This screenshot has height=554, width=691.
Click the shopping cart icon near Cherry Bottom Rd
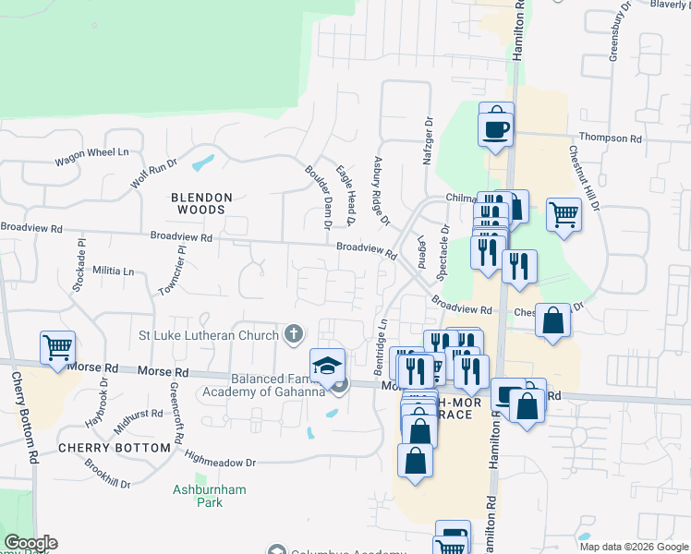pos(57,348)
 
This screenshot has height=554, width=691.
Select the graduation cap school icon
pos(327,366)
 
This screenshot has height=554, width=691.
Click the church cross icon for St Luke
pos(294,333)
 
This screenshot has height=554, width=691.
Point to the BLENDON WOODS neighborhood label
pos(201,204)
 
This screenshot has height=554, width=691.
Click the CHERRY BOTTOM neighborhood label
pos(114,447)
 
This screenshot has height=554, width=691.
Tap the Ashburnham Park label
pos(209,496)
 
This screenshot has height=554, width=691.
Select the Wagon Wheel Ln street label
pos(91,158)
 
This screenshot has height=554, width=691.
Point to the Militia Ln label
pos(114,271)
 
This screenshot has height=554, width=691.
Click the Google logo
pos(30,543)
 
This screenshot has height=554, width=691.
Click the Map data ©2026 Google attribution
pos(633,547)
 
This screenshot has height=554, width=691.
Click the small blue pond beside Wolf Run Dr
pos(202,164)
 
